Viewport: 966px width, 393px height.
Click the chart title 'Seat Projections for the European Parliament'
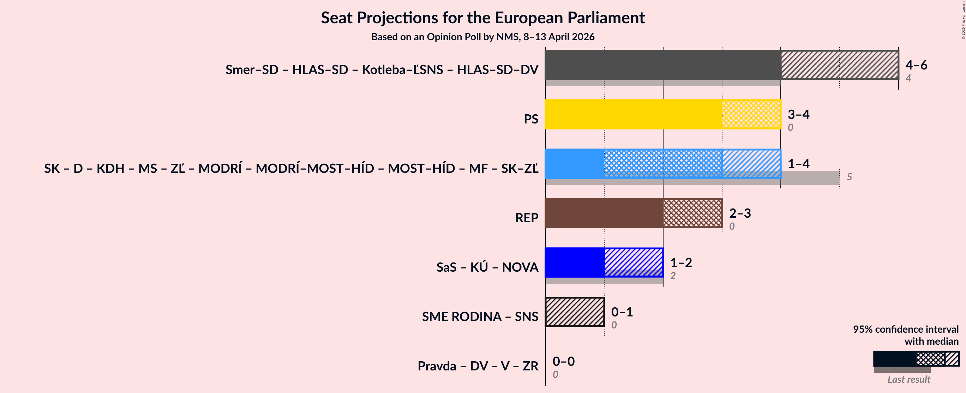[x=482, y=18]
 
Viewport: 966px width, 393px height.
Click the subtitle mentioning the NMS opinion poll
[x=482, y=37]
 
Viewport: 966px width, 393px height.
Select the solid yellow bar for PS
[x=633, y=114]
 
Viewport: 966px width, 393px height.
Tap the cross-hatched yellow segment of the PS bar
[x=751, y=114]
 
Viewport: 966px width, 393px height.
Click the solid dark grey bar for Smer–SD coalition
[x=662, y=65]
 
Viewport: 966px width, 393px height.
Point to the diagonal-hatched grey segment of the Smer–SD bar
[x=840, y=65]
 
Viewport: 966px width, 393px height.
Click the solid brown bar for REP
[x=604, y=213]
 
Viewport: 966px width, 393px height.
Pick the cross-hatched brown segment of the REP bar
[x=692, y=213]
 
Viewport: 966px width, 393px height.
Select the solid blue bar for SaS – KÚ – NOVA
[x=575, y=262]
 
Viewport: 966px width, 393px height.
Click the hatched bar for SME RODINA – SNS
[x=575, y=312]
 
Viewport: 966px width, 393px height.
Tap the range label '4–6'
[x=916, y=65]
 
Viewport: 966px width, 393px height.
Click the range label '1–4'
[x=798, y=164]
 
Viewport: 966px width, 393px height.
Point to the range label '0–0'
[x=563, y=362]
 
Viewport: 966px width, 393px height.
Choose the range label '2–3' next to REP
[x=740, y=213]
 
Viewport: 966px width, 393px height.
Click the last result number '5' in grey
[x=850, y=177]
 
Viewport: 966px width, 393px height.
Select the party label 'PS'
[x=530, y=119]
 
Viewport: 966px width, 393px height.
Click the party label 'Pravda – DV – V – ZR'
[x=478, y=366]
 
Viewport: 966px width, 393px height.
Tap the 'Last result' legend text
[x=908, y=380]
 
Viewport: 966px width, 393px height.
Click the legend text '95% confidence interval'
[x=906, y=329]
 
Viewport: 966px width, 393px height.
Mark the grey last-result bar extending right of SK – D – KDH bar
[x=810, y=178]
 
